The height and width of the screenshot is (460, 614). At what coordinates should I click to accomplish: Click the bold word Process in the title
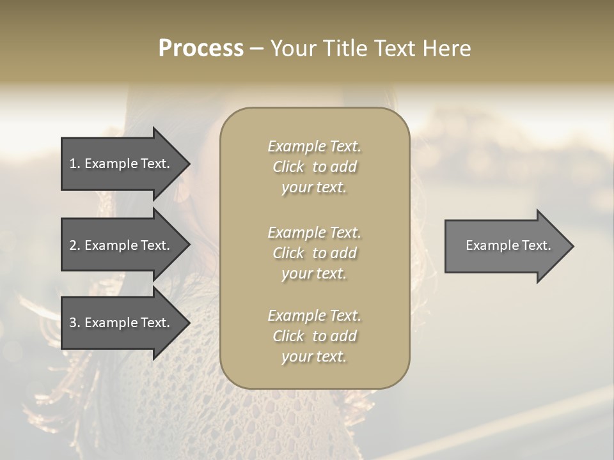click(201, 49)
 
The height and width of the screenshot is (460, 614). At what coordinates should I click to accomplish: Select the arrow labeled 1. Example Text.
click(122, 164)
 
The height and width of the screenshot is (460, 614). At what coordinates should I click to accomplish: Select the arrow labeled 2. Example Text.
click(122, 245)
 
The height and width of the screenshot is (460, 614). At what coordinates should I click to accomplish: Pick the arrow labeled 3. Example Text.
click(122, 323)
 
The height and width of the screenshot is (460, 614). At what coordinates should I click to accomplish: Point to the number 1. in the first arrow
click(74, 164)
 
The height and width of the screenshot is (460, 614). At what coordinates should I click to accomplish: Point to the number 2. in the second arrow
click(74, 245)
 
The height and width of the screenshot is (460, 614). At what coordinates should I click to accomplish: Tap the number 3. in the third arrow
click(74, 323)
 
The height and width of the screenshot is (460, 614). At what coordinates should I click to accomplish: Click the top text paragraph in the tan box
click(314, 167)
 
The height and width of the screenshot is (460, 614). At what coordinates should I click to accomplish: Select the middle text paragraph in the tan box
click(314, 252)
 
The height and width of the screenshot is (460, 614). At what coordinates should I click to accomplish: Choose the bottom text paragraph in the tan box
click(314, 336)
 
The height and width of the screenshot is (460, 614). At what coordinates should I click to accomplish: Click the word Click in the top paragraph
click(288, 167)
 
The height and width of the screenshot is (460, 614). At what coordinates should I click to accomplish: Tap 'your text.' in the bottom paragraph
click(314, 356)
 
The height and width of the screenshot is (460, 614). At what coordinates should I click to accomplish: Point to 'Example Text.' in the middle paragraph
click(314, 232)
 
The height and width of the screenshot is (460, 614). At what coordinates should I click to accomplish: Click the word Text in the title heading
click(393, 49)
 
